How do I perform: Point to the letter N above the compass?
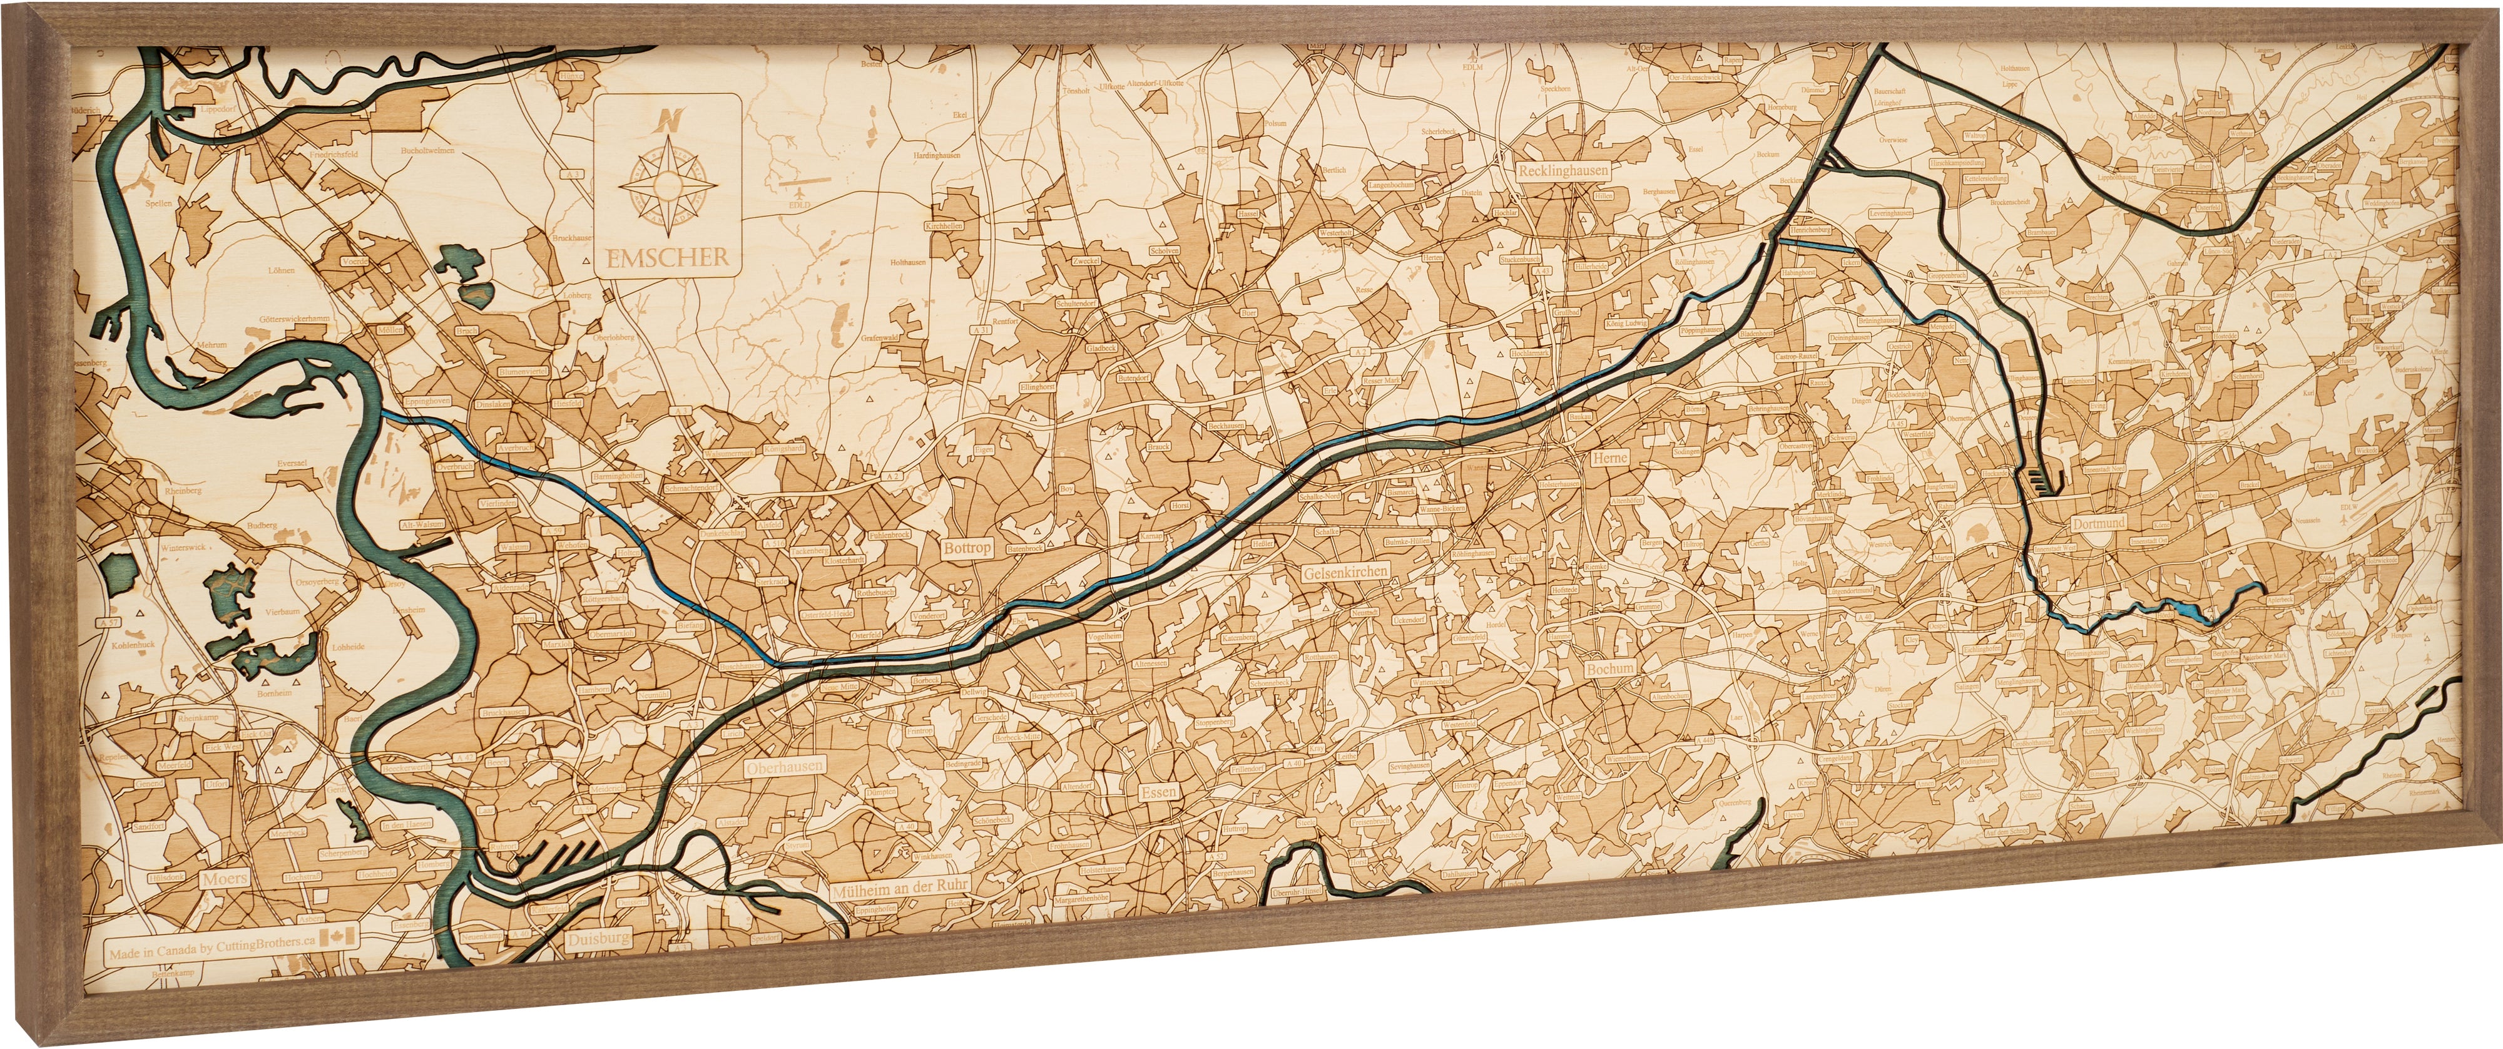click(668, 121)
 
